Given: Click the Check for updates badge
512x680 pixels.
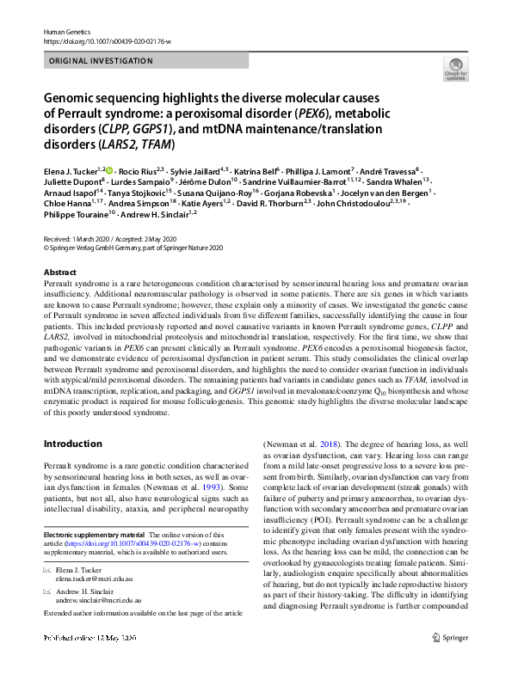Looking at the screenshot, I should click(453, 69).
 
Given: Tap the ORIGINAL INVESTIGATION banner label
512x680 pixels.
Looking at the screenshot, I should click(102, 61).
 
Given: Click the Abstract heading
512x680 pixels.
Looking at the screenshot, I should click(59, 272).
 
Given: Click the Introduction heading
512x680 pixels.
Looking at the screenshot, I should click(75, 444).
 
